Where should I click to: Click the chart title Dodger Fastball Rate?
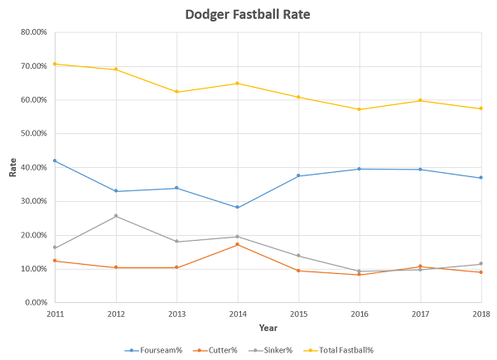coord(248,14)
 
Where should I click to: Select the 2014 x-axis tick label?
coord(238,314)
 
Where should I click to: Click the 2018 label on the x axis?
coord(481,314)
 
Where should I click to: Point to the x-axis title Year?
coord(268,328)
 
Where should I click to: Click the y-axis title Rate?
coord(12,168)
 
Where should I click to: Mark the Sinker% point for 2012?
coord(116,216)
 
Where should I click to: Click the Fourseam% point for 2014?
coord(238,207)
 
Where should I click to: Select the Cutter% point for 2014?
coord(238,244)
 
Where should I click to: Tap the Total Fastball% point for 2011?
coord(55,64)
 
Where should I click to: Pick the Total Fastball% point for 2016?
coord(359,109)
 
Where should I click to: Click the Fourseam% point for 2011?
coord(55,161)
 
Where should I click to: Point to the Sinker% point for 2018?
coord(480,264)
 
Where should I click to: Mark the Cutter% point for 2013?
coord(176,267)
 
